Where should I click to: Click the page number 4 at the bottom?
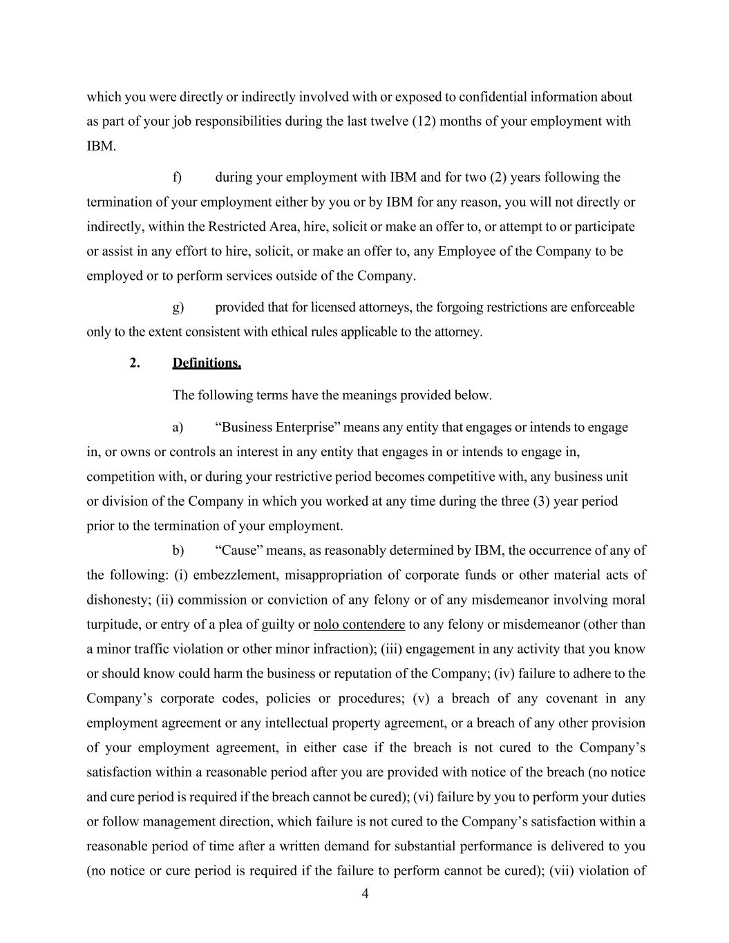[365, 894]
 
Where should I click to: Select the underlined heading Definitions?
[207, 363]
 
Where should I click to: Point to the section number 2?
[135, 363]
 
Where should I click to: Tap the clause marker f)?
[177, 178]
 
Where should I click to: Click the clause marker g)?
[178, 307]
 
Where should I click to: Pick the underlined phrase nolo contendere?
[359, 625]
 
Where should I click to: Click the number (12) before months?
[424, 122]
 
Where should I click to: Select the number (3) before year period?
[542, 501]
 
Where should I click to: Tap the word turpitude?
[114, 625]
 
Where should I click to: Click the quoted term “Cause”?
[239, 551]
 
